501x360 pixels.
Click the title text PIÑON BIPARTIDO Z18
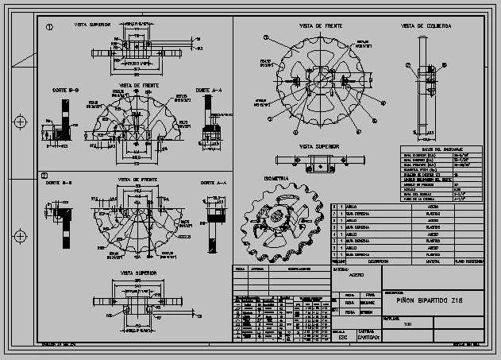[424, 300]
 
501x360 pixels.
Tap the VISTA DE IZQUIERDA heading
[426, 26]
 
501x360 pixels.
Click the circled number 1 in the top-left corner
[49, 26]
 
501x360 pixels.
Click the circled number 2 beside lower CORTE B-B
[45, 176]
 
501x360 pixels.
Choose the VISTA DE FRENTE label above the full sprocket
[321, 26]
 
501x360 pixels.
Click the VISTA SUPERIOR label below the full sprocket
[319, 146]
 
